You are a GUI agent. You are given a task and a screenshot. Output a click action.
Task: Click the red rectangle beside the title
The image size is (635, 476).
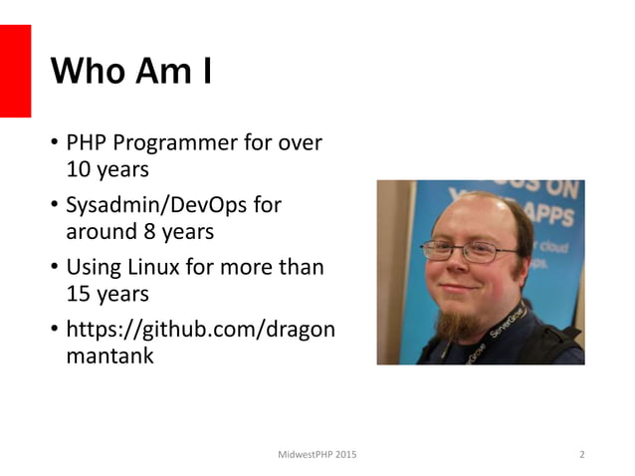coord(15,71)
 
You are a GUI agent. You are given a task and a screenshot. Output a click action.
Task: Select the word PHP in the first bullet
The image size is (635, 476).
coord(87,142)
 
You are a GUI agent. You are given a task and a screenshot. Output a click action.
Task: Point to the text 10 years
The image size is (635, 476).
coord(106,168)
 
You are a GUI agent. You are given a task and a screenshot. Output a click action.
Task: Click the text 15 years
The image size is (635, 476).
coord(106,295)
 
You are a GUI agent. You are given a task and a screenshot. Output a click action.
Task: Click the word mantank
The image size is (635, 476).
coord(109,357)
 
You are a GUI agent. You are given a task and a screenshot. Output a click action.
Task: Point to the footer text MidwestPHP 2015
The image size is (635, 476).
coord(318,455)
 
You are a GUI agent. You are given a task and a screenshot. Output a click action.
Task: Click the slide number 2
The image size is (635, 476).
coord(582,455)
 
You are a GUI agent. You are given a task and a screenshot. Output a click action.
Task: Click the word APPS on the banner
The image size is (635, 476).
coord(553,215)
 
